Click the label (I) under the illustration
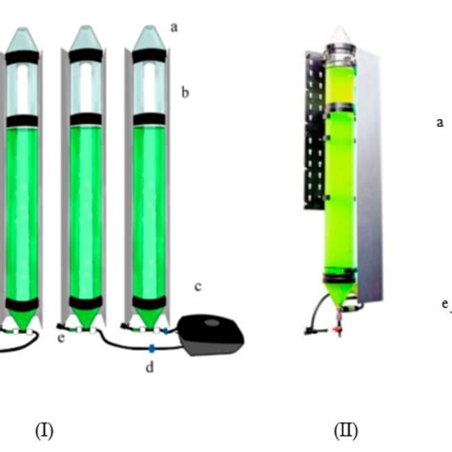(x=44, y=431)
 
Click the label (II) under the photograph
(x=346, y=431)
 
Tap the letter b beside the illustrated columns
(x=185, y=92)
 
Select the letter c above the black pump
(x=197, y=287)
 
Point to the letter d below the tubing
(x=150, y=367)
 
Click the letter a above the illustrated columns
(x=174, y=28)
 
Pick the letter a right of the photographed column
(x=440, y=122)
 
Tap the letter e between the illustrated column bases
(x=61, y=338)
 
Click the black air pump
(x=211, y=335)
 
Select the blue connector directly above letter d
(x=152, y=348)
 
